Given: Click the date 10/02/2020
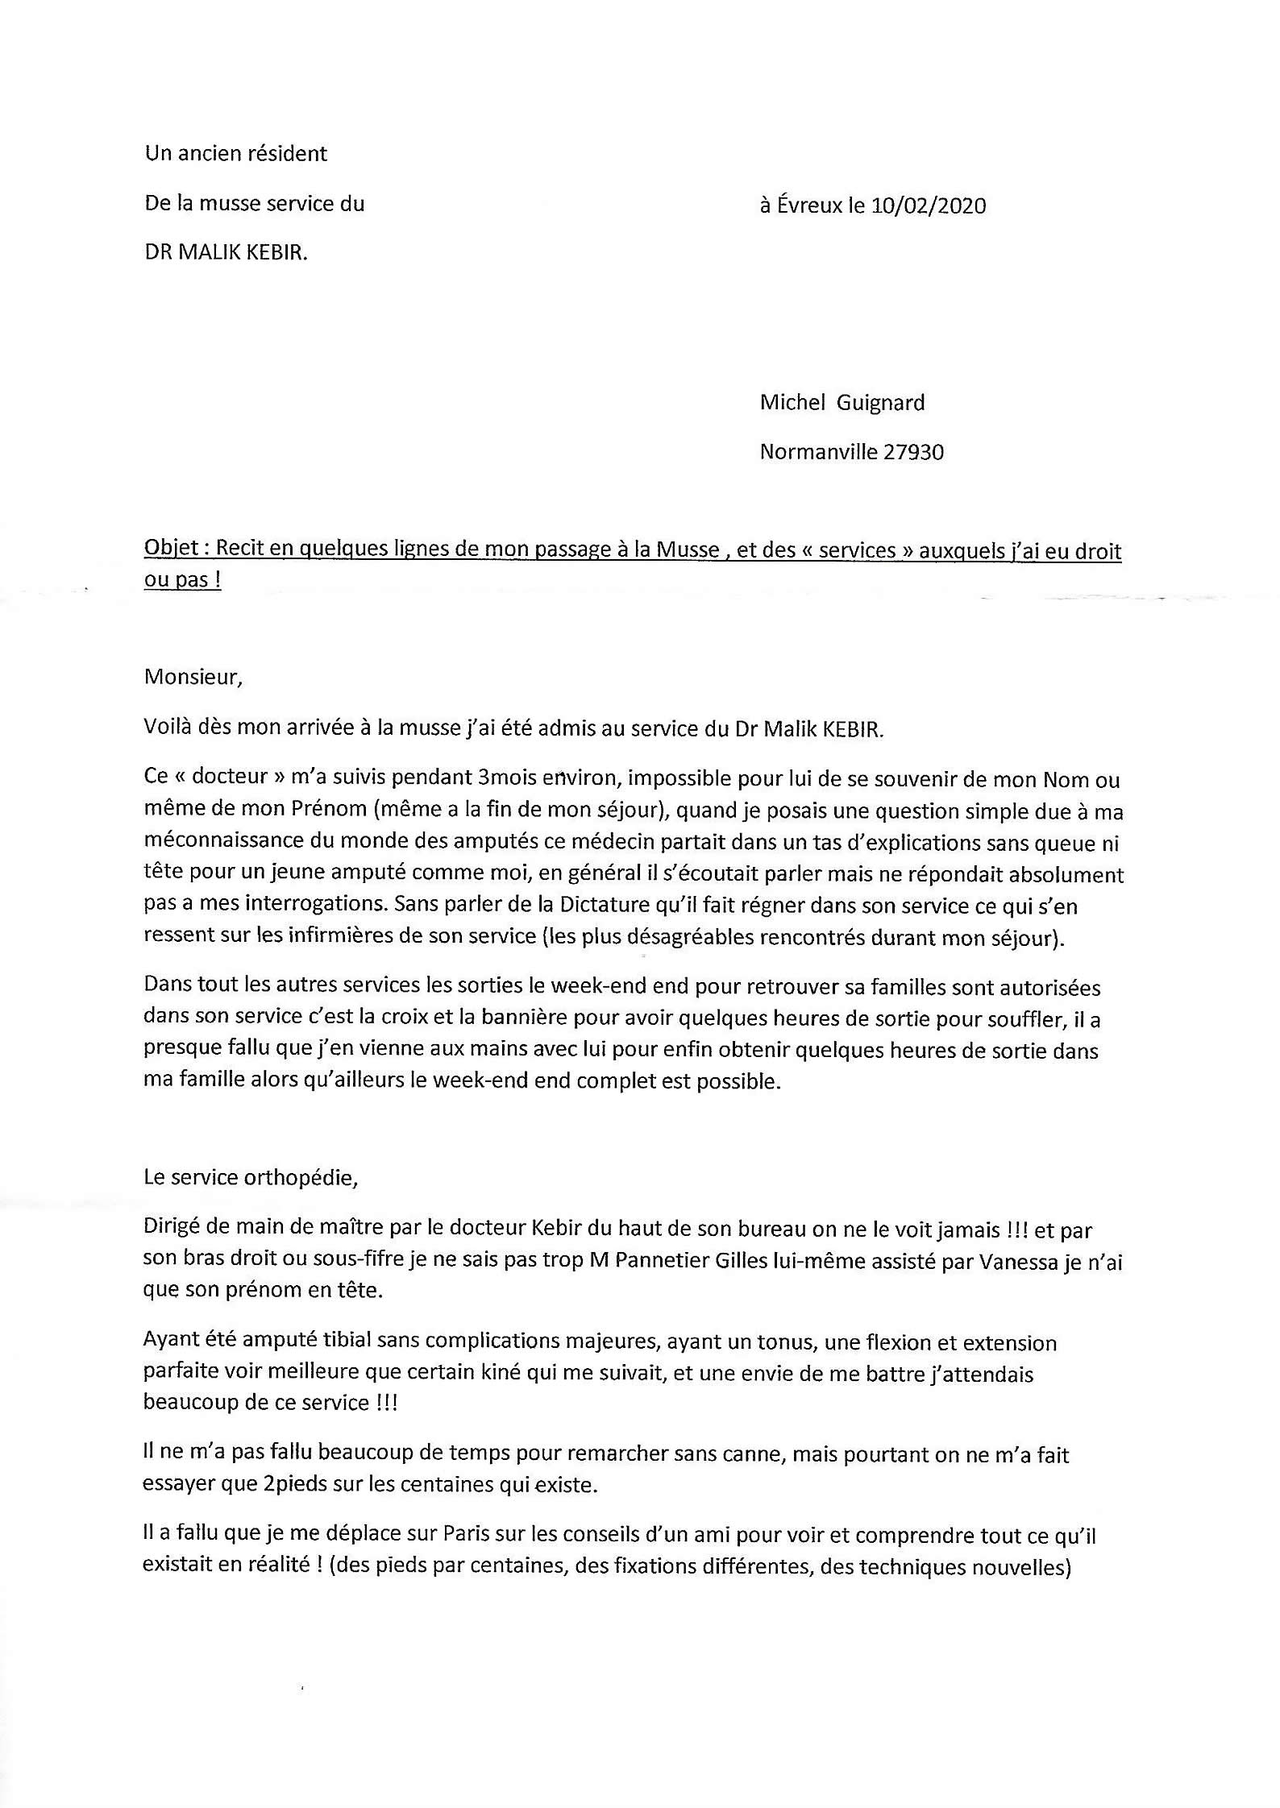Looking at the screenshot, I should (929, 205).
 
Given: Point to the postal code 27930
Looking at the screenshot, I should (913, 452).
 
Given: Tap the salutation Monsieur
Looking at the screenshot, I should (193, 676).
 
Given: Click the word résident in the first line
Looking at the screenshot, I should (289, 153).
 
